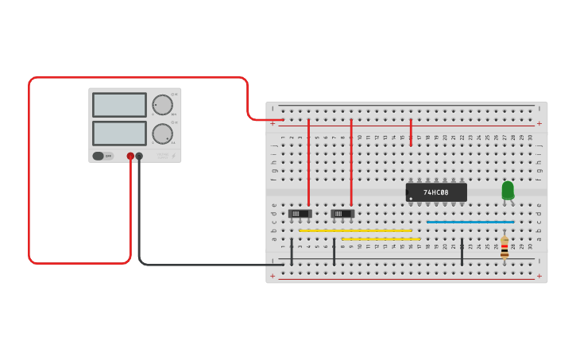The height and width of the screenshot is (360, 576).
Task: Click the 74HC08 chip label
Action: (435, 192)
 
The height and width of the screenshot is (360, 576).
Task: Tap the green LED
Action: (508, 191)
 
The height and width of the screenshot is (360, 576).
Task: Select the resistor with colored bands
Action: (504, 248)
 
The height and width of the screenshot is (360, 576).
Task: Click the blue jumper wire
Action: (470, 222)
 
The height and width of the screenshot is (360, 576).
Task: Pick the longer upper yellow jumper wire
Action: (355, 230)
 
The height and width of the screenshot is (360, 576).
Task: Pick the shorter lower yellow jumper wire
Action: (381, 239)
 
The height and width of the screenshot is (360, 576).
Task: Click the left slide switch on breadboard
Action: (300, 213)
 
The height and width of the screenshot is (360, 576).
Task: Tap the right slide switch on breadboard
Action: (342, 213)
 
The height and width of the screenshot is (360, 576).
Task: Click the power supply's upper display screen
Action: (119, 105)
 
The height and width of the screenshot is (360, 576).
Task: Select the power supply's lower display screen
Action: (119, 133)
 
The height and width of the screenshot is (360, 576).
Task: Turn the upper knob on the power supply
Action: (162, 105)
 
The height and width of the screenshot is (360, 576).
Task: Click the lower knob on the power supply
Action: (162, 133)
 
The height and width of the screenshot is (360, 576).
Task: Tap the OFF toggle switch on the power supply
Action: (102, 156)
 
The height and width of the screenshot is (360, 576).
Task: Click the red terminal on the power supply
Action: (130, 157)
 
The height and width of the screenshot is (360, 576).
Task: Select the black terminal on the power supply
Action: (139, 157)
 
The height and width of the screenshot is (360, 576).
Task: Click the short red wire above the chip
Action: (411, 134)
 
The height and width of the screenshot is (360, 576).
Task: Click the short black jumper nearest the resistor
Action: (462, 251)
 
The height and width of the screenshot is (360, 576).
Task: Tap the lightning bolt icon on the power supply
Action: (174, 156)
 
